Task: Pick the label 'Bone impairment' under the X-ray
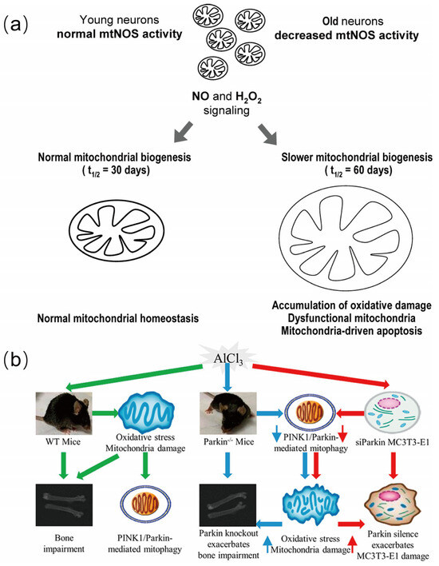pos(62,532)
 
